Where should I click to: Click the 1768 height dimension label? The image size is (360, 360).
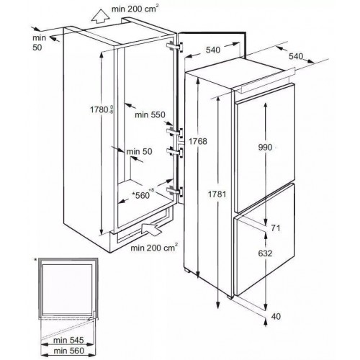point(197,141)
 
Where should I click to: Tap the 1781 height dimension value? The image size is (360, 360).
point(217,194)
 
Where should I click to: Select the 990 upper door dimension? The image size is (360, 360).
point(265,147)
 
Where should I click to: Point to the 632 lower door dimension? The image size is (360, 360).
point(265,253)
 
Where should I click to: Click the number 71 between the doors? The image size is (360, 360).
point(276,228)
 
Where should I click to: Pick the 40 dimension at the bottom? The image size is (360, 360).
point(276,316)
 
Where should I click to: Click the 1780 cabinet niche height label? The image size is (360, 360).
point(102,109)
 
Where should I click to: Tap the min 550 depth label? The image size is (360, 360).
point(150,114)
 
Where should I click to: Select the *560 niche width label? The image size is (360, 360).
point(142,194)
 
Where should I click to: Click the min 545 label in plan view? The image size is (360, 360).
point(68,340)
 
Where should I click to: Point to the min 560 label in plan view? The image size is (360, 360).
point(68,351)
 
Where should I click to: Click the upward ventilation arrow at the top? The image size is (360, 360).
point(101,17)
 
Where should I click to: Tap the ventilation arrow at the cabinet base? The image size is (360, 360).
point(151,229)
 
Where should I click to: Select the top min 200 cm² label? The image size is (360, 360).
point(135,9)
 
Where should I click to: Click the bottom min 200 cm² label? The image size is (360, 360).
point(154,247)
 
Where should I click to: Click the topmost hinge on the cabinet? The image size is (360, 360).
point(175,46)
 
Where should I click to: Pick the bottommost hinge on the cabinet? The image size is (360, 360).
point(175,192)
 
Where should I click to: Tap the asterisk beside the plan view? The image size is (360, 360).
point(36,260)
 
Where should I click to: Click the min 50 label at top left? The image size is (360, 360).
point(39,42)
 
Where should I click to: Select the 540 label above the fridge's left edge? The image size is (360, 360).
point(213,50)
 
